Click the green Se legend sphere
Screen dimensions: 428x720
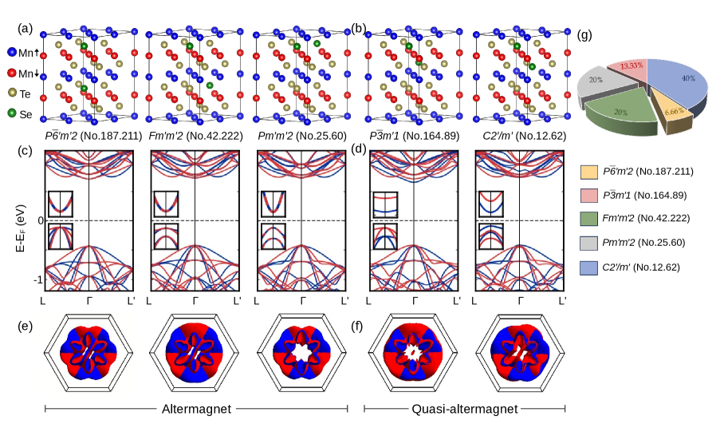point(12,113)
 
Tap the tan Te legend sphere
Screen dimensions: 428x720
point(12,93)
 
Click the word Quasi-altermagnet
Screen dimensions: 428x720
point(465,409)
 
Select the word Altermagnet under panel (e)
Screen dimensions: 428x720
point(196,409)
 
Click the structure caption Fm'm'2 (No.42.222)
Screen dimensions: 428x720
point(195,136)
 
